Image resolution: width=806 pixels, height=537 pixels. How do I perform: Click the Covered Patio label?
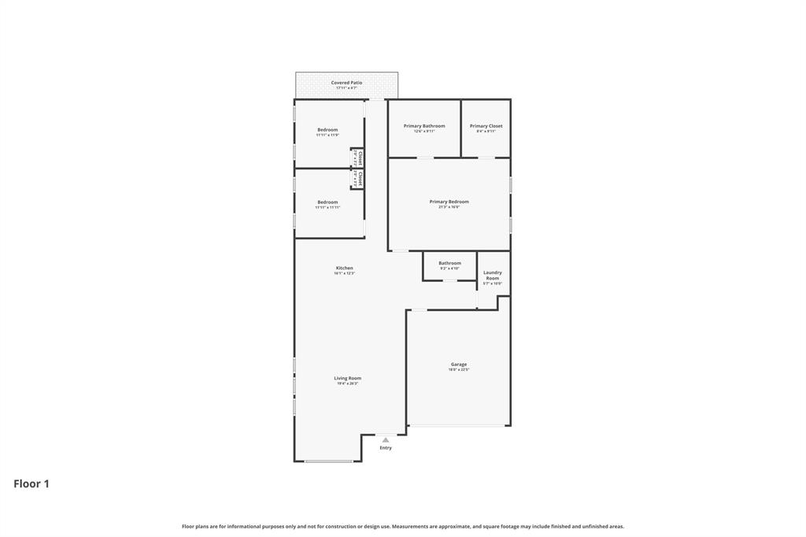[346, 83]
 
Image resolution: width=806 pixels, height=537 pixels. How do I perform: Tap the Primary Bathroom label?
[424, 126]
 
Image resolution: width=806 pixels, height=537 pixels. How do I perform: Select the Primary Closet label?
[486, 126]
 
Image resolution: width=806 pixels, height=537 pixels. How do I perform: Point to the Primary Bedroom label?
[449, 202]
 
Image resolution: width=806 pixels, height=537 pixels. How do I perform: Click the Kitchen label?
[345, 268]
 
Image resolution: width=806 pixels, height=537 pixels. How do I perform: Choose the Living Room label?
[347, 378]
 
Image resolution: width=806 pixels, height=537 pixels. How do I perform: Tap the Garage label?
[459, 365]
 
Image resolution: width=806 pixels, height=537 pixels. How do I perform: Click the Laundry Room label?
[492, 276]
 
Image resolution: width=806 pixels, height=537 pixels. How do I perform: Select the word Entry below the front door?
[386, 448]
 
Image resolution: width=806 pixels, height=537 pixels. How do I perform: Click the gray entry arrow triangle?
[386, 440]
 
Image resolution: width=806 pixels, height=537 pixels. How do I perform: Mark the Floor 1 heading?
[31, 484]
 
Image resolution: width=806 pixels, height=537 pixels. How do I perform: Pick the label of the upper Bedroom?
[327, 130]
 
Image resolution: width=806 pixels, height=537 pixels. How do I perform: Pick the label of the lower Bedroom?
[327, 202]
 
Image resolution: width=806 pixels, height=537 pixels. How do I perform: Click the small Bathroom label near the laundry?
[449, 263]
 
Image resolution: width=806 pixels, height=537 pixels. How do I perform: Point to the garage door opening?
[458, 426]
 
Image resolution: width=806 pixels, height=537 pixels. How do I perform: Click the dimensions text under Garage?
[459, 369]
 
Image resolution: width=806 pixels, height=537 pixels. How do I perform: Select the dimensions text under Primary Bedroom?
[449, 207]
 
